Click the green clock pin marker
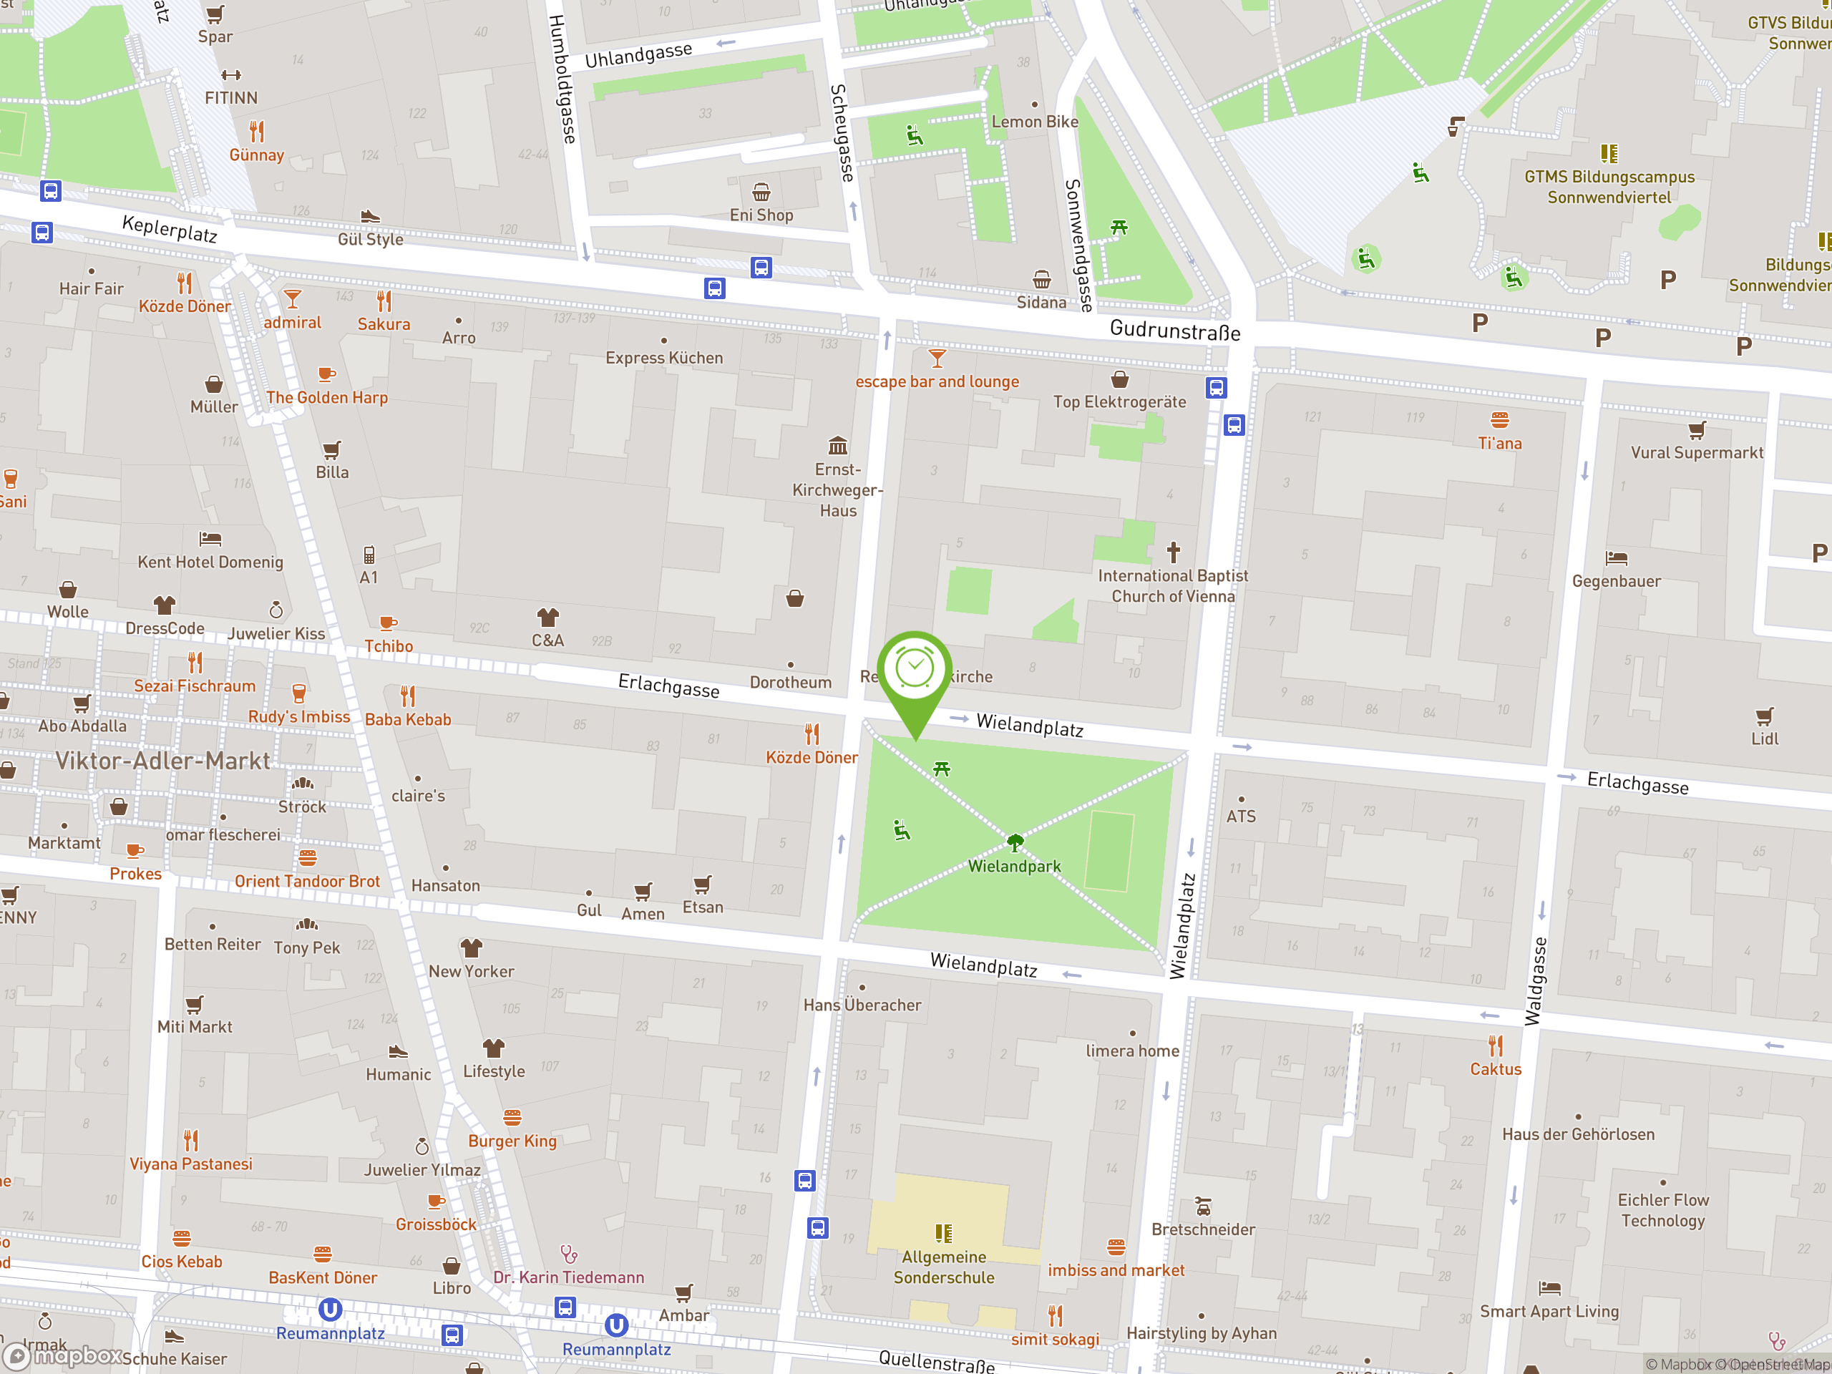(915, 671)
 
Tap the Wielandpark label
(1014, 867)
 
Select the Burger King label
(512, 1141)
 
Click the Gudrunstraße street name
(1174, 331)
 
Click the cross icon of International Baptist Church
(1173, 552)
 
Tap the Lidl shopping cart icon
(1764, 716)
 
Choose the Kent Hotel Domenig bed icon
(210, 539)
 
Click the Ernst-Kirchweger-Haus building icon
(838, 446)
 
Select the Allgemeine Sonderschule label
(943, 1267)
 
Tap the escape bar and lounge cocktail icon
(937, 359)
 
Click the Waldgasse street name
(1535, 980)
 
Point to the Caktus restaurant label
(1495, 1069)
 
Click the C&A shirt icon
(547, 618)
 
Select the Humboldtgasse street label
(562, 79)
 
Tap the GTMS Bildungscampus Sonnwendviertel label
(1609, 187)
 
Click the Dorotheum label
(790, 683)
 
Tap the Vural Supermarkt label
(1696, 453)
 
